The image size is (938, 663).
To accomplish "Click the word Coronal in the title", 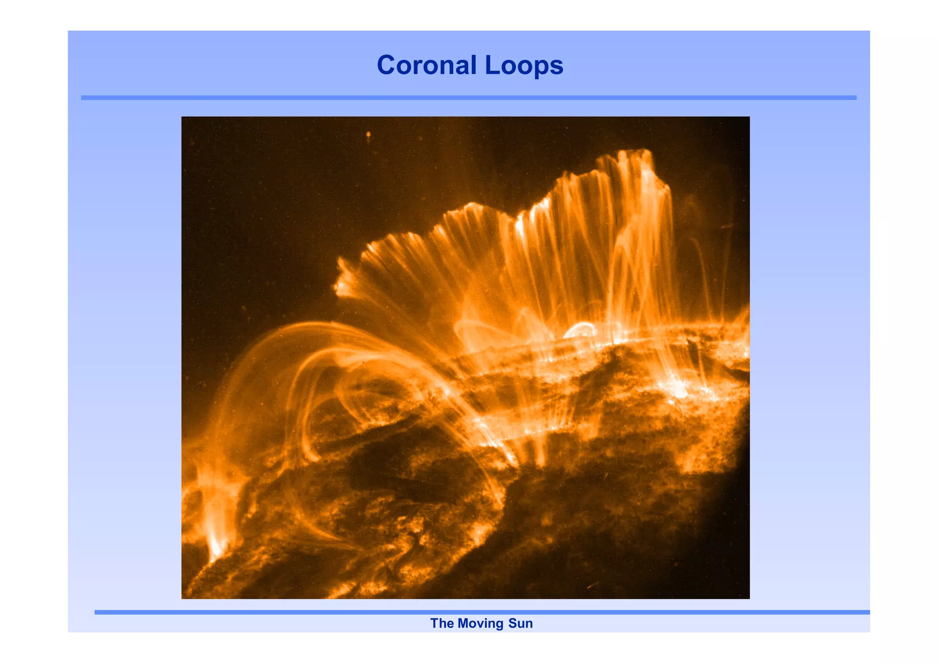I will (426, 65).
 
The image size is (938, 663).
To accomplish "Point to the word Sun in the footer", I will (521, 623).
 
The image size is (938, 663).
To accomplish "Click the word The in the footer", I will (442, 623).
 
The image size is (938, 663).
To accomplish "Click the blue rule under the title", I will (469, 98).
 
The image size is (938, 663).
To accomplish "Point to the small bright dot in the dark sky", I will (368, 135).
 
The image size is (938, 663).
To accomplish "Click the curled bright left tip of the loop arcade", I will (341, 286).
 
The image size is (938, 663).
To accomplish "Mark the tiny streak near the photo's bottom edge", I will (592, 586).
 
